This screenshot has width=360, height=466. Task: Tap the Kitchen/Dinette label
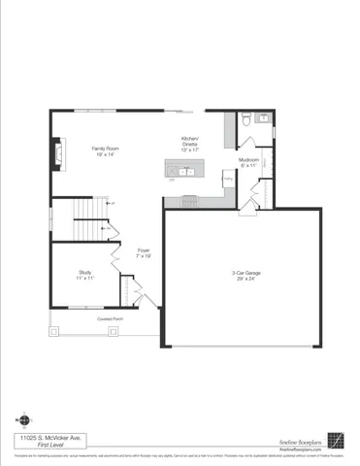pyautogui.click(x=190, y=141)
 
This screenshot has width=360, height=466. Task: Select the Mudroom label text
pyautogui.click(x=246, y=160)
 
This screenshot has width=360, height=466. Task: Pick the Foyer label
pyautogui.click(x=143, y=250)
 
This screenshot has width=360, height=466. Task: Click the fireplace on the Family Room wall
pyautogui.click(x=57, y=152)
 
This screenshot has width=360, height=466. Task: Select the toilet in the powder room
pyautogui.click(x=247, y=120)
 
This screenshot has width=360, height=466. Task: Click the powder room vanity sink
pyautogui.click(x=268, y=120)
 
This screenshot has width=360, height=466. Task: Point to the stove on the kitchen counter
pyautogui.click(x=187, y=201)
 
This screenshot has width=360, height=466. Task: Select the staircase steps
pyautogui.click(x=89, y=211)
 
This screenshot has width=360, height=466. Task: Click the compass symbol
pyautogui.click(x=24, y=419)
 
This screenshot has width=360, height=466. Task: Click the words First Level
pyautogui.click(x=38, y=446)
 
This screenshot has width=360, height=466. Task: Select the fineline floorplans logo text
pyautogui.click(x=301, y=439)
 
